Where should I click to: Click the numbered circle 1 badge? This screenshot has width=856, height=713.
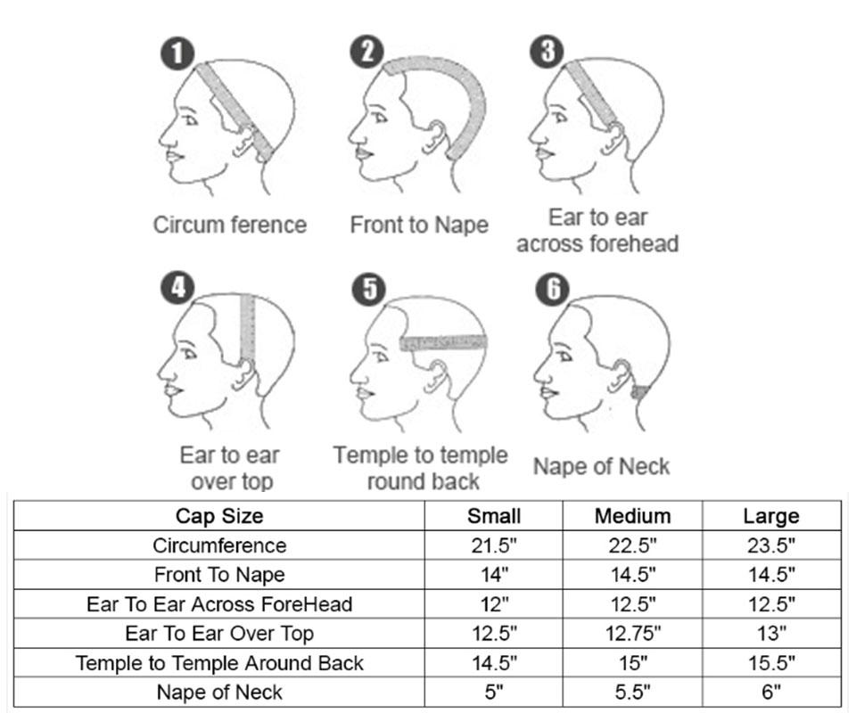[x=177, y=53]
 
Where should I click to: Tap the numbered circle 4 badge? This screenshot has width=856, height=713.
[x=177, y=288]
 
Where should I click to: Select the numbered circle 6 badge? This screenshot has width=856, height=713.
[x=552, y=288]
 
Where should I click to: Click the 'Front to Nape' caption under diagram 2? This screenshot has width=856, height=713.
[x=419, y=225]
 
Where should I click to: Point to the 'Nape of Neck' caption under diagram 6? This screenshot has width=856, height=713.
[x=601, y=466]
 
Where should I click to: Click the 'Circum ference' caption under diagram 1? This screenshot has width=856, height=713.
[x=230, y=225]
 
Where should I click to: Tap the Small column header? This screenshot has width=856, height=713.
[x=494, y=516]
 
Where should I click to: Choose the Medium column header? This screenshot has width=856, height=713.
[x=633, y=516]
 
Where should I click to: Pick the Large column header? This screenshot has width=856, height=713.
[x=771, y=516]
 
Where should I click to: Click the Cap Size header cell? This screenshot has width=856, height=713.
[x=219, y=516]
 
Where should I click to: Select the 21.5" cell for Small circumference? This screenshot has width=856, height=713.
[x=494, y=545]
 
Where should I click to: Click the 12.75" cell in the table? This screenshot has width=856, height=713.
[x=633, y=634]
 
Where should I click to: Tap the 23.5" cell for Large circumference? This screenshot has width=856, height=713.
[x=771, y=545]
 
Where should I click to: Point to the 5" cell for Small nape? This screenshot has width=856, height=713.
[x=494, y=693]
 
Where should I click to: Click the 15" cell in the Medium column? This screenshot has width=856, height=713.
[x=633, y=663]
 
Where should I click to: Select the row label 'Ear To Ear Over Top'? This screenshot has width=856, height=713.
[x=219, y=634]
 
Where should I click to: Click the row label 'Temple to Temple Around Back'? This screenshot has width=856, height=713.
[x=219, y=663]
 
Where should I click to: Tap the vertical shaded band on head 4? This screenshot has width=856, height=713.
[x=247, y=328]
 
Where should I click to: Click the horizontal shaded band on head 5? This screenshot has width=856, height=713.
[x=443, y=342]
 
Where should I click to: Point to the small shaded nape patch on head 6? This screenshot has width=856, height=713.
[x=640, y=391]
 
